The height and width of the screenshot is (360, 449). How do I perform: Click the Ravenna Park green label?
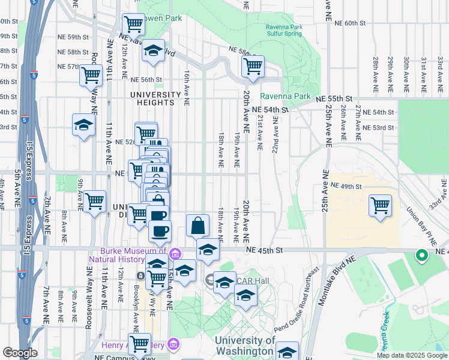285,96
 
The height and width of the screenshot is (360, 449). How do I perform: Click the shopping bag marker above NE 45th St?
197,226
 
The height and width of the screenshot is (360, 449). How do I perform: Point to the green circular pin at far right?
421,256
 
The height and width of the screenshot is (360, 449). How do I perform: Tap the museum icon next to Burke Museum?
175,252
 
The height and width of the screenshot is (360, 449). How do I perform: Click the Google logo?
20,352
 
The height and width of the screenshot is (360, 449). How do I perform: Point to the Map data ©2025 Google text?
411,355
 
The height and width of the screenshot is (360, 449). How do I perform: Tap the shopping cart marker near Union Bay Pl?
381,206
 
